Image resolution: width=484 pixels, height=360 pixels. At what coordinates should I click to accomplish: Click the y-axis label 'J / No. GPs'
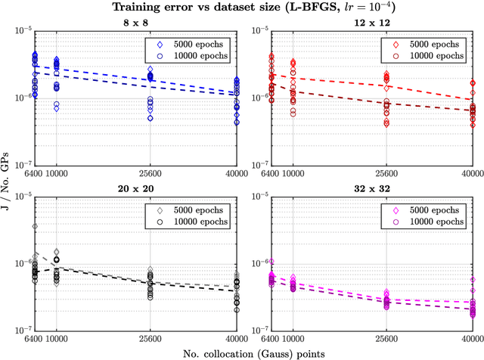7,179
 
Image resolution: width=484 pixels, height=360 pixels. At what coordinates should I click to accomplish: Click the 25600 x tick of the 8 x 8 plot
150,172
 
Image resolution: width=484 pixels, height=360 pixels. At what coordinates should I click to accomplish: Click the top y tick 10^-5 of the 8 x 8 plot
23,31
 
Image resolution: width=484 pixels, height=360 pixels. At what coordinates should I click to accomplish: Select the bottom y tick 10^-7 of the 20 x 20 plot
23,330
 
